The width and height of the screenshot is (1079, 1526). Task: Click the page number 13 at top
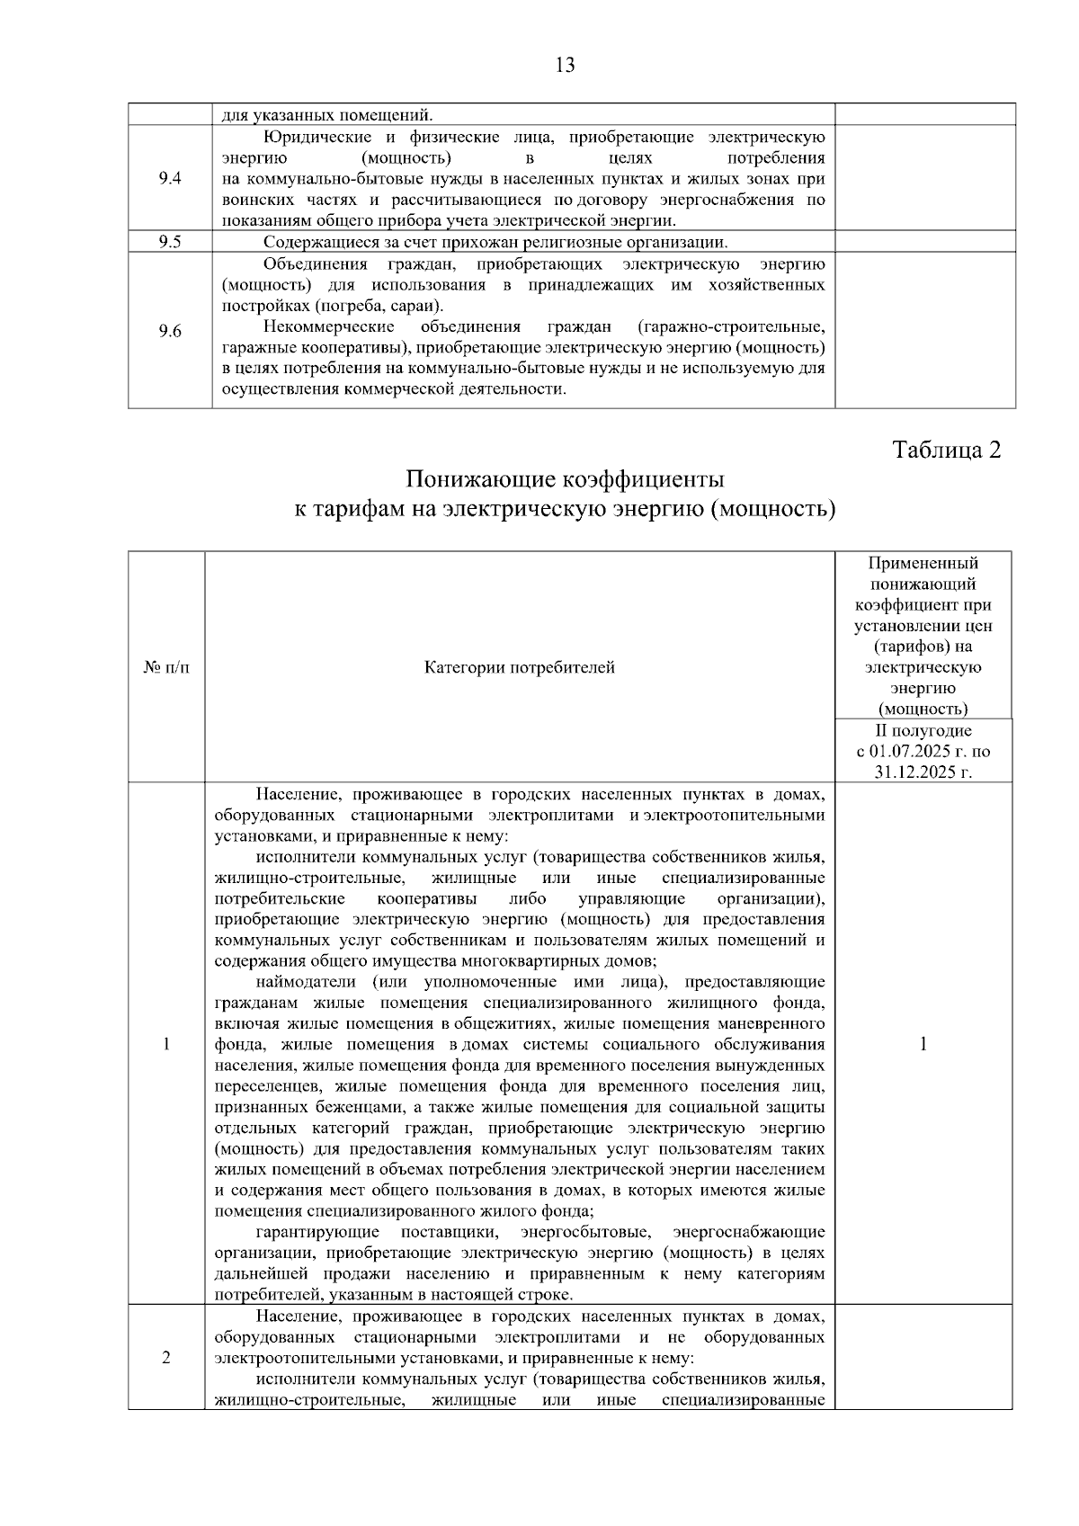(566, 65)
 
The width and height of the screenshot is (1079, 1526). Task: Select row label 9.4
(170, 178)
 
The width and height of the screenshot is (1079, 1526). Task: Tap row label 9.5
(170, 241)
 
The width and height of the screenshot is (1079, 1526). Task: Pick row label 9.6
(170, 331)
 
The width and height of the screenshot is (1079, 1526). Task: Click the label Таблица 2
(946, 450)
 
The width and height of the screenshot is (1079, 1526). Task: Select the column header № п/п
(166, 667)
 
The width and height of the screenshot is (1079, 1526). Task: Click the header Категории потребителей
(520, 667)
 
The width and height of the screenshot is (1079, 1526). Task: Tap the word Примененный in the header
(923, 564)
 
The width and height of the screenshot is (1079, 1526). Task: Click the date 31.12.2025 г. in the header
(923, 772)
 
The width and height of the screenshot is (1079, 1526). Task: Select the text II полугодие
(923, 731)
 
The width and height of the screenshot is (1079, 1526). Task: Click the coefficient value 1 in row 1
(923, 1044)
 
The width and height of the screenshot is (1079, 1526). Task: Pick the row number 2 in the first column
(166, 1357)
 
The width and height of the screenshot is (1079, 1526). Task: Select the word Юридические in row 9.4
(312, 138)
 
